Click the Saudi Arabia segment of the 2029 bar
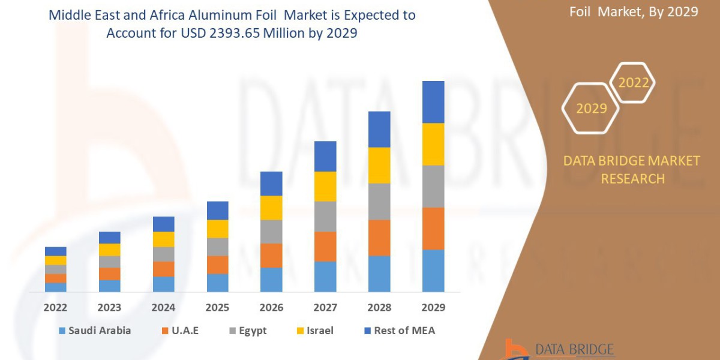(433, 271)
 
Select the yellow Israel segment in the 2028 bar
(379, 165)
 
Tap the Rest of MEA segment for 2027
(325, 156)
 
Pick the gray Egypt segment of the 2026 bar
(271, 232)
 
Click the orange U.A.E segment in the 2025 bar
(217, 265)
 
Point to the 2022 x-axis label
(55, 308)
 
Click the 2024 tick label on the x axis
(163, 308)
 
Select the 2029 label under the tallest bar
(433, 308)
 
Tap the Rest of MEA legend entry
(404, 331)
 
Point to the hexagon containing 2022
(633, 83)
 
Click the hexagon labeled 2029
(590, 109)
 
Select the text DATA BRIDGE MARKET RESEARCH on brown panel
(632, 170)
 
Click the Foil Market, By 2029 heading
(634, 11)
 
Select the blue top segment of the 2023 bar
(109, 238)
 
